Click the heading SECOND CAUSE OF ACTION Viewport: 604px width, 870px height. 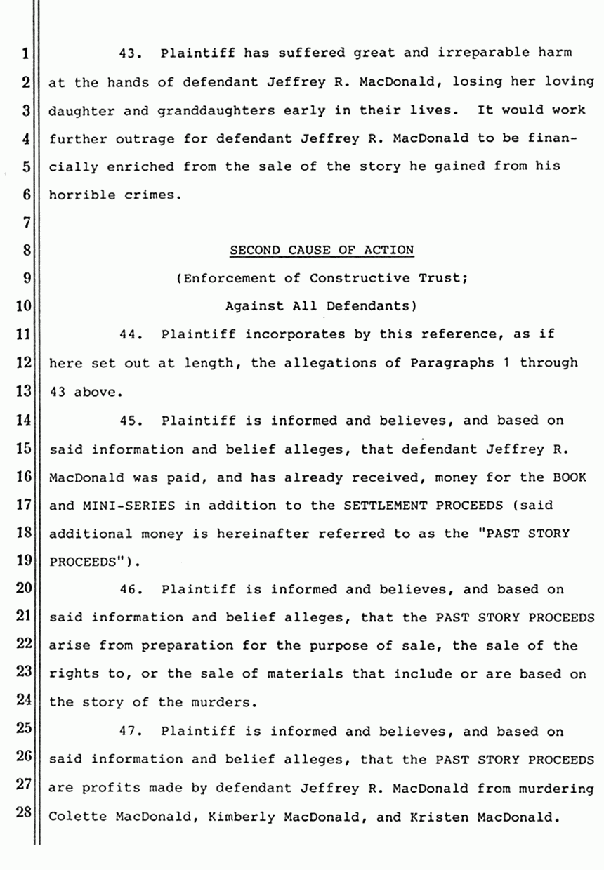(x=322, y=249)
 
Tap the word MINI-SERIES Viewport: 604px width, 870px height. (x=120, y=506)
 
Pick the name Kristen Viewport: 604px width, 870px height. (x=405, y=817)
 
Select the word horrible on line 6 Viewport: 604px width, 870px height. (x=78, y=195)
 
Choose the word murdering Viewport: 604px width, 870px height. (x=559, y=789)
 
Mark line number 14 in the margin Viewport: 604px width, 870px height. (x=24, y=421)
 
